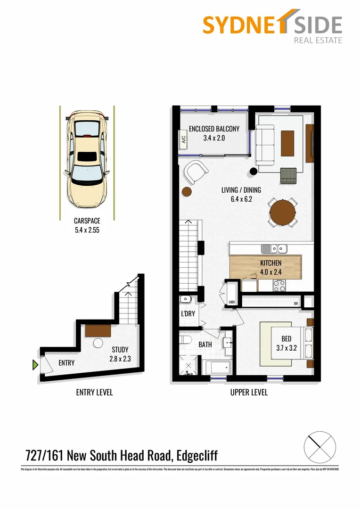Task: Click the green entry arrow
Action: (x=35, y=364)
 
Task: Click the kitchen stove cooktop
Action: (x=279, y=285)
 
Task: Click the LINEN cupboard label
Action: (x=231, y=302)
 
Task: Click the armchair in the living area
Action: (x=196, y=173)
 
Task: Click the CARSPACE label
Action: (x=87, y=220)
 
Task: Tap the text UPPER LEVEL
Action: (x=249, y=393)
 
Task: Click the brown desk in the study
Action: (x=98, y=330)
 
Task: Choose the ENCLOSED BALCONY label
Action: (x=214, y=129)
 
